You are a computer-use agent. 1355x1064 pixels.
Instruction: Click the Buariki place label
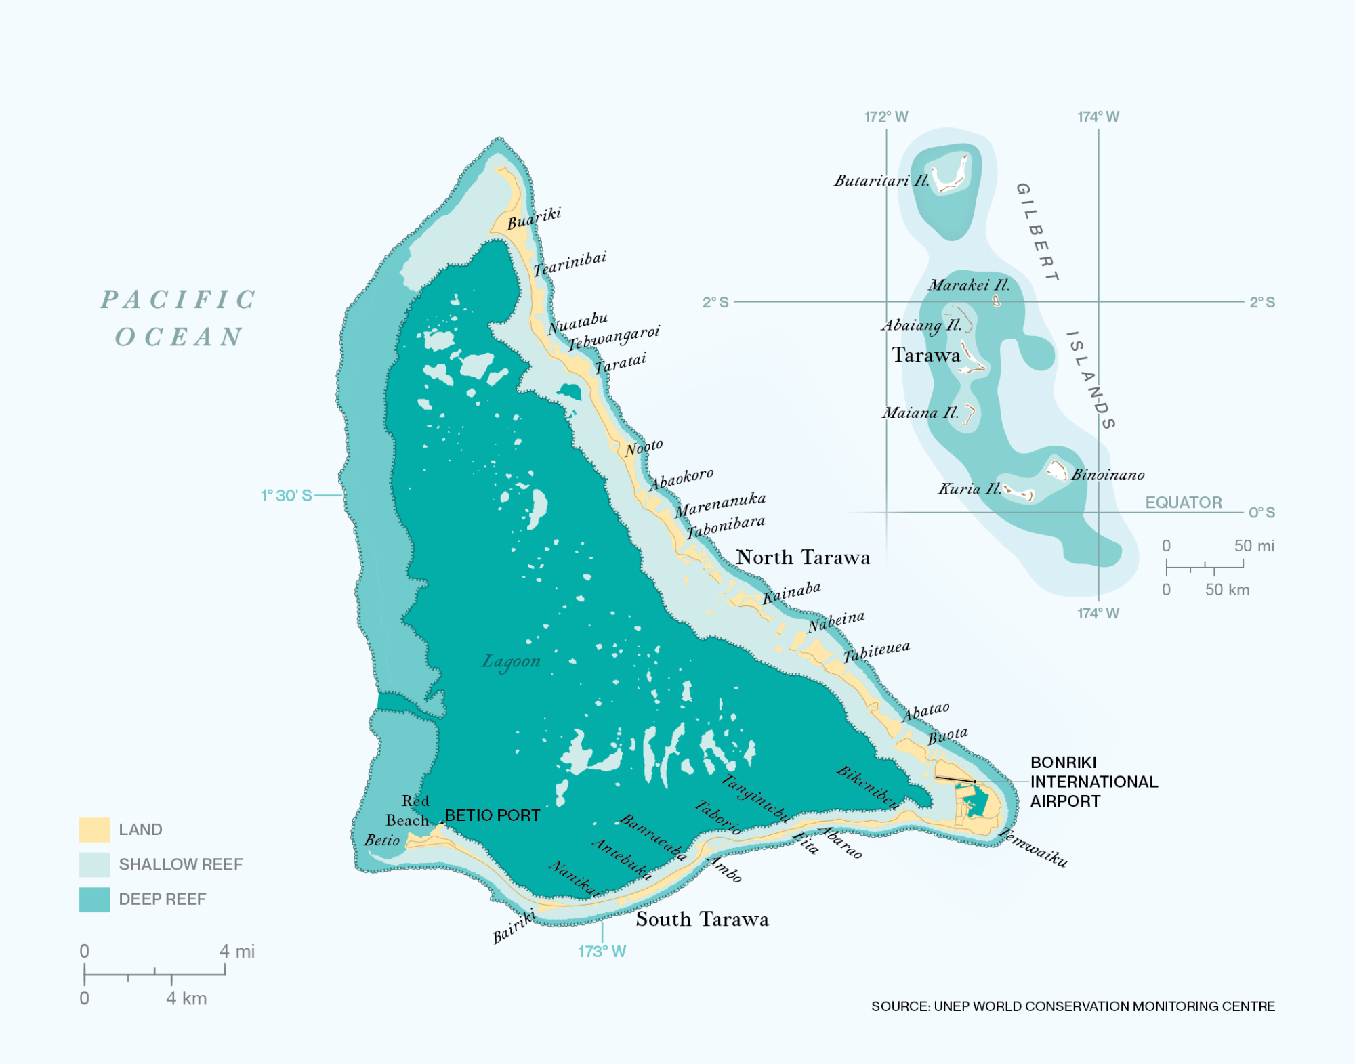click(x=534, y=218)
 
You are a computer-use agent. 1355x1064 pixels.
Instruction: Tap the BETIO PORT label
click(x=492, y=815)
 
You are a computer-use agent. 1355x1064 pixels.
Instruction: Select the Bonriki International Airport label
click(x=1093, y=782)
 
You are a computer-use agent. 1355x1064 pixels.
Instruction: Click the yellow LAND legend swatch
click(x=94, y=829)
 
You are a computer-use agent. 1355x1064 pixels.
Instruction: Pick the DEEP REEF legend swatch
click(x=94, y=899)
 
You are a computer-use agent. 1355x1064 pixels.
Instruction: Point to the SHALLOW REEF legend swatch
click(x=94, y=864)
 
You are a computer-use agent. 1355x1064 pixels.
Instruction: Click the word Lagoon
click(x=511, y=661)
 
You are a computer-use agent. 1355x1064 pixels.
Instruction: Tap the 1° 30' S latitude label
click(x=287, y=496)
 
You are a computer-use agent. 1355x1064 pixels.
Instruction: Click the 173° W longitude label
click(x=602, y=952)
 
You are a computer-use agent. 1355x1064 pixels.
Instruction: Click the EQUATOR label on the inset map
click(x=1183, y=503)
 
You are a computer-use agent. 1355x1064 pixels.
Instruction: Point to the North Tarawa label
click(x=803, y=557)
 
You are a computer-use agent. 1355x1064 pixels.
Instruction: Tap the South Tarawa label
click(x=702, y=919)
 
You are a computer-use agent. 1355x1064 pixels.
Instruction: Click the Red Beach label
click(x=408, y=810)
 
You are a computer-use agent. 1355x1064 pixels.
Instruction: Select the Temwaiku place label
click(x=1034, y=847)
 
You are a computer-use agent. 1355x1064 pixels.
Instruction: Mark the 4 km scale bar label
click(x=186, y=998)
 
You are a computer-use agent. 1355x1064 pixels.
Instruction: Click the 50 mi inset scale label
click(x=1253, y=546)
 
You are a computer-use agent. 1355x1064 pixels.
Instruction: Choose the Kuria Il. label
click(x=969, y=488)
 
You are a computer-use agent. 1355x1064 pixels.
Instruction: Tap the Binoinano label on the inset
click(x=1108, y=475)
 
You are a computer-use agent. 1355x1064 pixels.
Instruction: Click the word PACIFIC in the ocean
click(x=179, y=299)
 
